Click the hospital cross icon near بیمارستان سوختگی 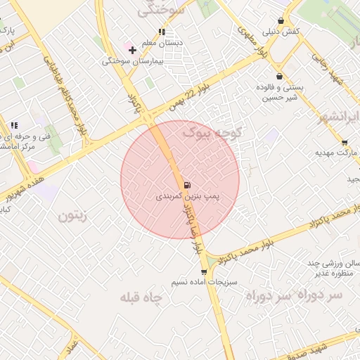132,50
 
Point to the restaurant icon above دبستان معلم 162,32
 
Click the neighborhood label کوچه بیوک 213,131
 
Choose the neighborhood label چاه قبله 141,297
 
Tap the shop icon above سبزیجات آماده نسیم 204,271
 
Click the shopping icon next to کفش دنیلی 281,20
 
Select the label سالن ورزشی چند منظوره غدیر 329,269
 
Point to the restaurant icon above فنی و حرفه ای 14,126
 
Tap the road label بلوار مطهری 254,42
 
